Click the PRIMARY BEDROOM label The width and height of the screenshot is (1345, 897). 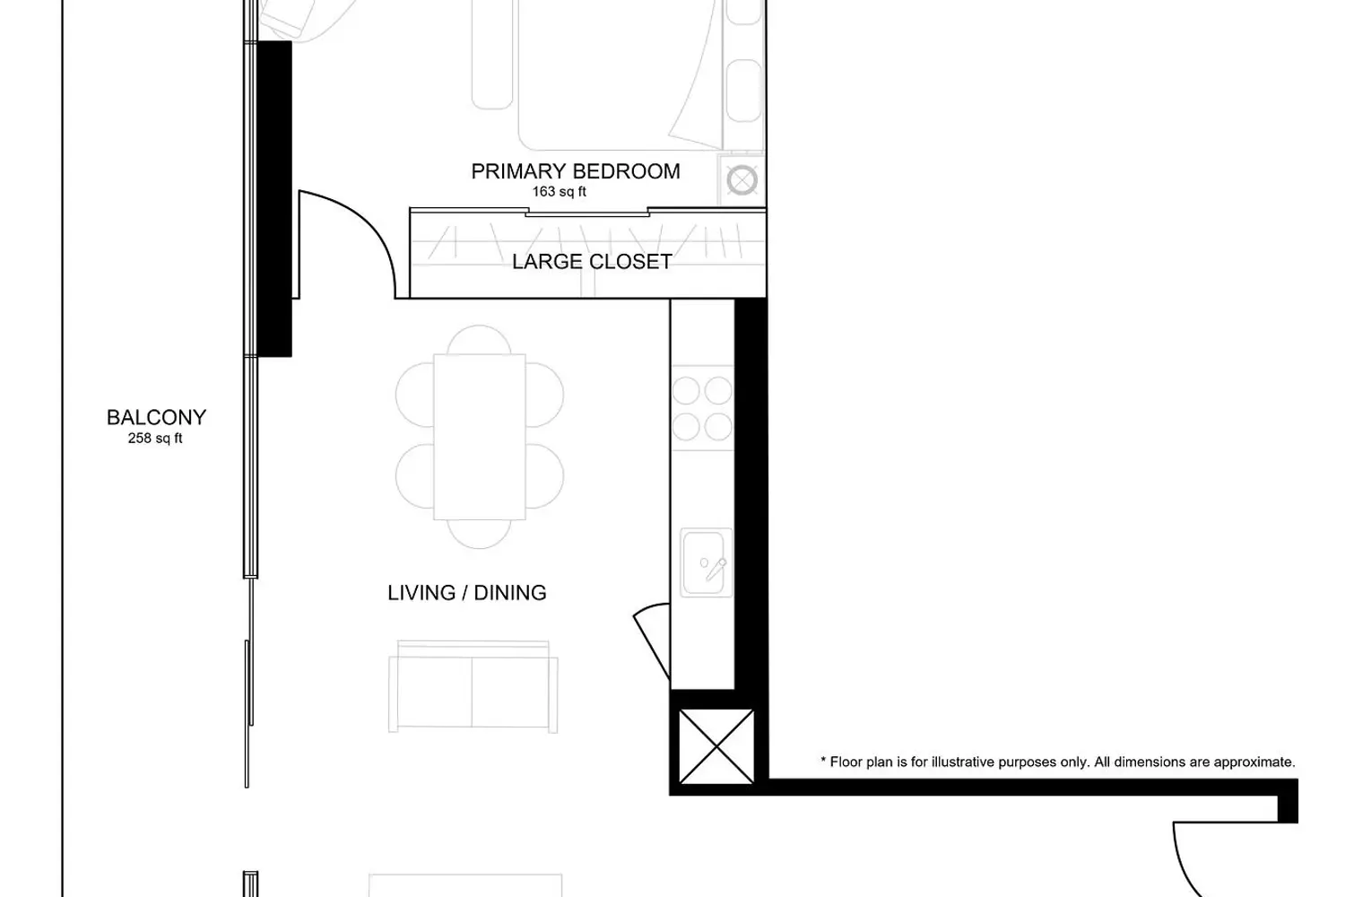pyautogui.click(x=576, y=172)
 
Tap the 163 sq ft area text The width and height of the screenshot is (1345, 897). pyautogui.click(x=559, y=192)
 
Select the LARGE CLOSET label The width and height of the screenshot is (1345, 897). pyautogui.click(x=592, y=262)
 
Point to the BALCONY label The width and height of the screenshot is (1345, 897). pyautogui.click(x=156, y=418)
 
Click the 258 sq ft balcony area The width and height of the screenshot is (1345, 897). pyautogui.click(x=155, y=439)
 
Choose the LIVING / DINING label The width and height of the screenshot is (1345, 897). pyautogui.click(x=467, y=593)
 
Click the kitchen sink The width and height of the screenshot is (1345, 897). pyautogui.click(x=707, y=562)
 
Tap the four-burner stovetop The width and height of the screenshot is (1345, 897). pyautogui.click(x=702, y=408)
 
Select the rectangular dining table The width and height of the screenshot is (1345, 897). pyautogui.click(x=480, y=437)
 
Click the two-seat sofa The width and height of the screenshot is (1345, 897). pyautogui.click(x=473, y=687)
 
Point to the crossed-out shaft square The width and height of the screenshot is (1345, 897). pyautogui.click(x=716, y=747)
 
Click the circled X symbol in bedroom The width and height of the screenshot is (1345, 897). pyautogui.click(x=742, y=180)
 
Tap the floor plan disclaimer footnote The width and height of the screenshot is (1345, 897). pyautogui.click(x=1058, y=762)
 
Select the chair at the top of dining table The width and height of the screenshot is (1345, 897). pyautogui.click(x=479, y=340)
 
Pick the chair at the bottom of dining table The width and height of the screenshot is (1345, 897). pyautogui.click(x=479, y=534)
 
